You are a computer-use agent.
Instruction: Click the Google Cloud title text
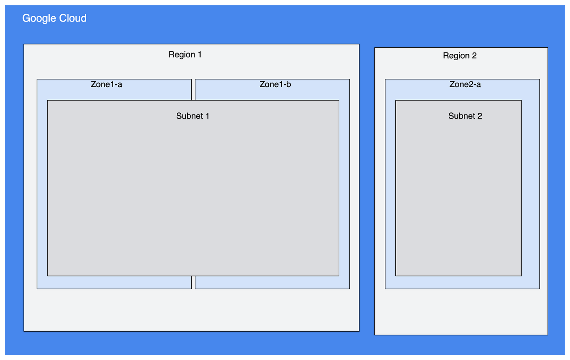pyautogui.click(x=54, y=18)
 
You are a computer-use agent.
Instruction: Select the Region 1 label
pyautogui.click(x=185, y=55)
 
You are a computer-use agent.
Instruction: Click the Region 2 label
pyautogui.click(x=460, y=56)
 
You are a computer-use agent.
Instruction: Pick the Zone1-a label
pyautogui.click(x=106, y=84)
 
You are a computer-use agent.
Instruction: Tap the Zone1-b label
pyautogui.click(x=275, y=84)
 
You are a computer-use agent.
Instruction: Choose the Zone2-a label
pyautogui.click(x=465, y=84)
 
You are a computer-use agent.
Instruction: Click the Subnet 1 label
pyautogui.click(x=193, y=116)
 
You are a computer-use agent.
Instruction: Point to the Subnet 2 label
pyautogui.click(x=465, y=116)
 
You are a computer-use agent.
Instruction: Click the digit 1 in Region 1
pyautogui.click(x=199, y=55)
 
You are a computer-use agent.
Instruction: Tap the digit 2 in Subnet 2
pyautogui.click(x=480, y=116)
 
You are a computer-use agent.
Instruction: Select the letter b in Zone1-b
pyautogui.click(x=289, y=84)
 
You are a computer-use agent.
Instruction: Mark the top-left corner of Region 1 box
pyautogui.click(x=24, y=44)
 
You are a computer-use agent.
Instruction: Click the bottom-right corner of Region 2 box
pyautogui.click(x=548, y=335)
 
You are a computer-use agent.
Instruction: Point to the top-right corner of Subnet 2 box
pyautogui.click(x=522, y=100)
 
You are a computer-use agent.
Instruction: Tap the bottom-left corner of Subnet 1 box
pyautogui.click(x=47, y=276)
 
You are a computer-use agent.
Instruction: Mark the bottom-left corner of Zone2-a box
pyautogui.click(x=385, y=289)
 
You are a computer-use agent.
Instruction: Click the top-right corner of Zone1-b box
pyautogui.click(x=350, y=79)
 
